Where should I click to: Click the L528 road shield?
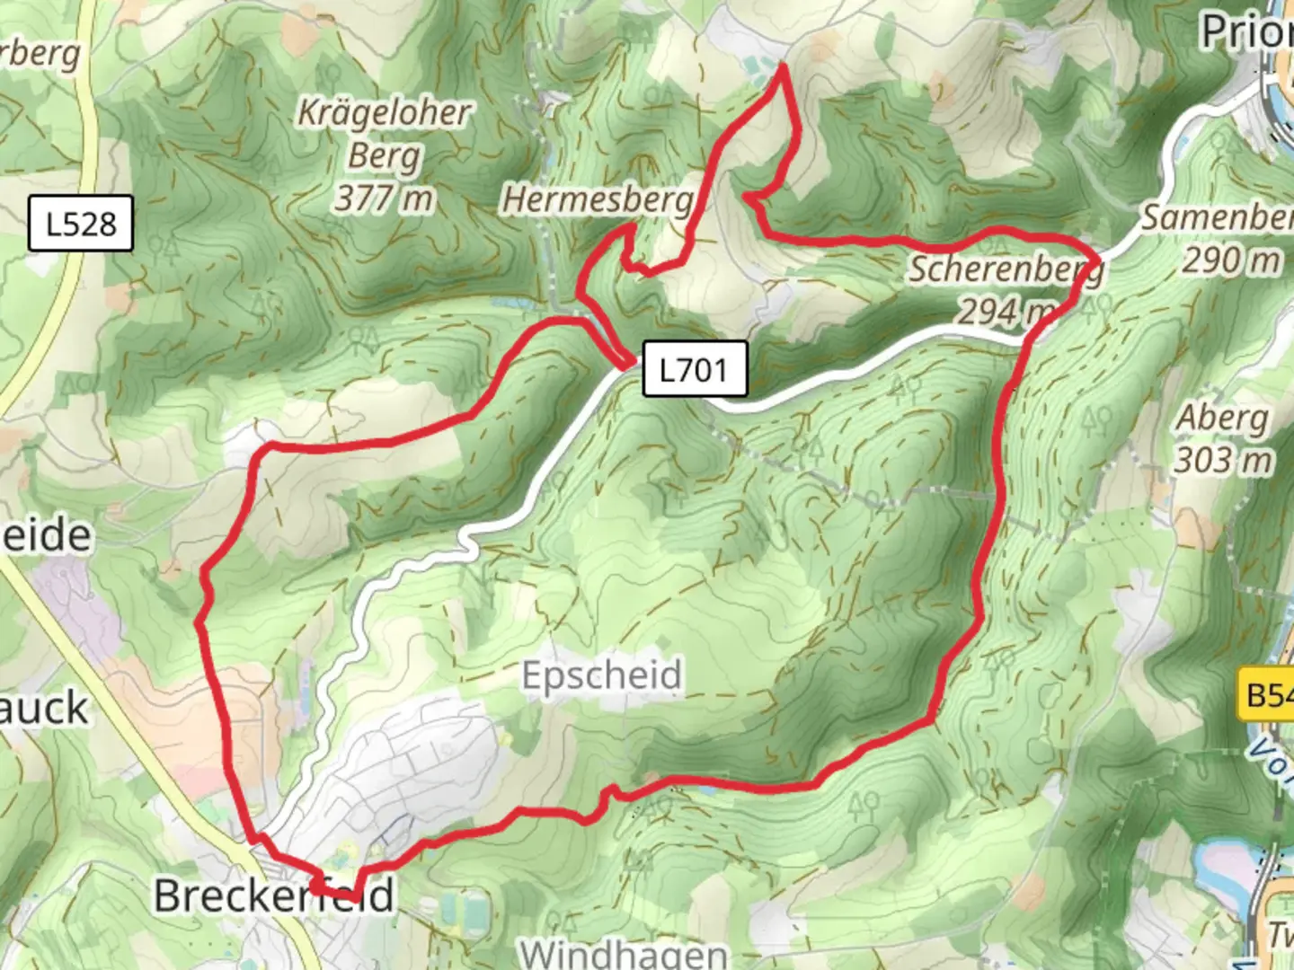(81, 224)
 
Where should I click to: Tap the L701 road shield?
(694, 369)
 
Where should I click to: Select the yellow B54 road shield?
(1267, 694)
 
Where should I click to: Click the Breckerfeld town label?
(274, 895)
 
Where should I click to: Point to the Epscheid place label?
(602, 675)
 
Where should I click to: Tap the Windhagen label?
(625, 952)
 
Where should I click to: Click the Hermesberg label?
(598, 199)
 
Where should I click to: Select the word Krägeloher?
(385, 112)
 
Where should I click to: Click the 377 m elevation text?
(385, 198)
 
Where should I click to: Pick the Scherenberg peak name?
(1005, 269)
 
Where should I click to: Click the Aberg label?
(1222, 418)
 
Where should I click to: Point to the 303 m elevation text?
(1223, 461)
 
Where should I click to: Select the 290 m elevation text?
(1230, 260)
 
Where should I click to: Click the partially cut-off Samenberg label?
(1218, 217)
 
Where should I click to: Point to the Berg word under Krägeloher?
(385, 155)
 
